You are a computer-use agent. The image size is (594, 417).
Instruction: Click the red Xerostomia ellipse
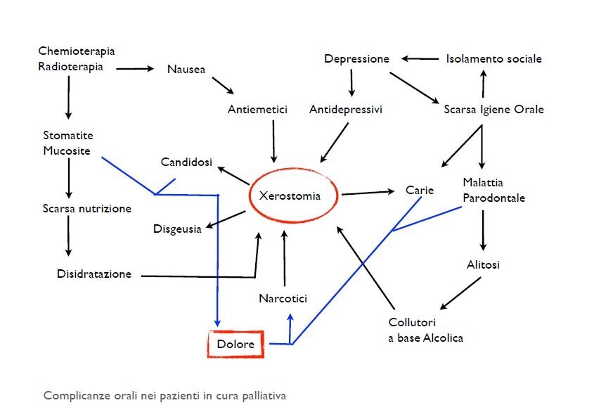(294, 196)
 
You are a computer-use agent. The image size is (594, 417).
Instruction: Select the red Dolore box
(235, 344)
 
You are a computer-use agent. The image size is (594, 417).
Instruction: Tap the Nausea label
(186, 69)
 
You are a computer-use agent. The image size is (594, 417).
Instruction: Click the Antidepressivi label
(346, 110)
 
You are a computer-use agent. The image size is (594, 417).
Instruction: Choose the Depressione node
(356, 59)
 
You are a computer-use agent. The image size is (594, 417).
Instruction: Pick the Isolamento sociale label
(493, 59)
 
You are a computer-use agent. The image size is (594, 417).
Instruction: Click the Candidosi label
(186, 162)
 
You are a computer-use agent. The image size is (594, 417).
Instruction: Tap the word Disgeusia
(177, 229)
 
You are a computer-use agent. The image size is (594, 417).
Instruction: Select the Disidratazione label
(94, 274)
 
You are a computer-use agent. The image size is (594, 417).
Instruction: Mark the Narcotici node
(283, 298)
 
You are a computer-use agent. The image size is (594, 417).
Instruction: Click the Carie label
(420, 190)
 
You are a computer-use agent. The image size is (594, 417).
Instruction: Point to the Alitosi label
(483, 265)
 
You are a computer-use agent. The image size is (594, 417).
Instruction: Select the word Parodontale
(493, 198)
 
